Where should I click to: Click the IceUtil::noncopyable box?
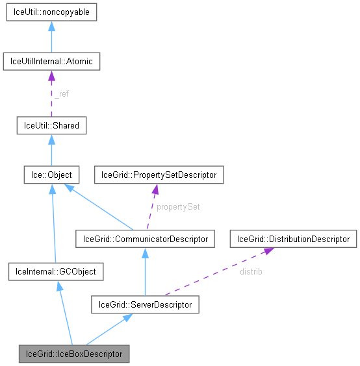[51, 12]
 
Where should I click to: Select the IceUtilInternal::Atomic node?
[51, 62]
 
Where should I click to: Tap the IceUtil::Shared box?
[51, 125]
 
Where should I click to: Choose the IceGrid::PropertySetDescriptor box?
[160, 175]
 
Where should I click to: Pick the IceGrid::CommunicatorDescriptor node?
[145, 239]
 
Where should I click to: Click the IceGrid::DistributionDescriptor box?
[293, 239]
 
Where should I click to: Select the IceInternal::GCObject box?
[56, 271]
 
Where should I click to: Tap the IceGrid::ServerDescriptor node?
[145, 304]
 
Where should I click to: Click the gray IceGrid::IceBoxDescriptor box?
[74, 354]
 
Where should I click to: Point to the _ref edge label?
[61, 94]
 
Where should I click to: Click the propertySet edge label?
[177, 207]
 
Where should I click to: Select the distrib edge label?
[251, 271]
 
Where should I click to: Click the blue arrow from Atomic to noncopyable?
[51, 39]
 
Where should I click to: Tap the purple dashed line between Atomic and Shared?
[51, 97]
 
